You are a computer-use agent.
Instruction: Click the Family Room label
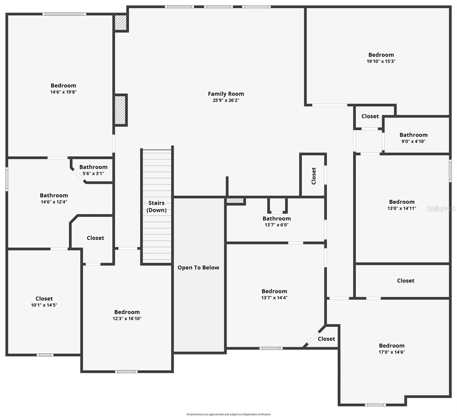point(226,94)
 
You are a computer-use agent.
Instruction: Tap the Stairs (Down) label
point(156,206)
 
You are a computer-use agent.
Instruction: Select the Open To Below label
point(198,268)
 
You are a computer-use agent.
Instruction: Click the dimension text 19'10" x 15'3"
point(381,61)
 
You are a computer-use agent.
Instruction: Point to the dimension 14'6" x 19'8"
point(63,92)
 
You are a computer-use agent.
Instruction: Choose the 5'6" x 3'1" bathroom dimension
point(93,173)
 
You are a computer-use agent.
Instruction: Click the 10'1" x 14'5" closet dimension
point(44,305)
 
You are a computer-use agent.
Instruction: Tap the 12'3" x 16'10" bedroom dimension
point(127,319)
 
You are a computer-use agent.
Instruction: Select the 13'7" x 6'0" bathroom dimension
point(276,225)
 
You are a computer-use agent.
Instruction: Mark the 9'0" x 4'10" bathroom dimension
point(413,141)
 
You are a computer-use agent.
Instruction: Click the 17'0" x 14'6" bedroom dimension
point(391,352)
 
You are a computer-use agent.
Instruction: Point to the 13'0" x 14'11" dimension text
point(401,208)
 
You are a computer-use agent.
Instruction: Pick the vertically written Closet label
point(314,176)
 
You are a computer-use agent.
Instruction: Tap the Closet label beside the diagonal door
point(326,339)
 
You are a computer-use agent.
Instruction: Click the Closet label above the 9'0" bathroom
point(370,116)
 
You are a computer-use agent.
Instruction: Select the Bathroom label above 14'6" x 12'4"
point(54,195)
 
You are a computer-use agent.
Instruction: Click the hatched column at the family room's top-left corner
point(121,23)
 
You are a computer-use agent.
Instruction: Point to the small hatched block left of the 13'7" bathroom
point(235,201)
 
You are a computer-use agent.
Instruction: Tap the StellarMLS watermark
point(441,208)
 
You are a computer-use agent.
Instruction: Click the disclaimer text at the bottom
point(228,414)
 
